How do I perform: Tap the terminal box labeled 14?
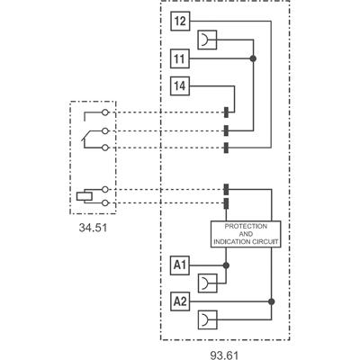pos(179,87)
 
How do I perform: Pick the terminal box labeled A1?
pos(179,265)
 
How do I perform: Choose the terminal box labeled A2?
pos(179,300)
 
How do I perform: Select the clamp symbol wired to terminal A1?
pos(209,281)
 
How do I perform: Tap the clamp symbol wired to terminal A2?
pos(209,317)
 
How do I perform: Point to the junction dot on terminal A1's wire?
pos(225,266)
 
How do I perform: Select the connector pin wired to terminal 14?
pos(225,112)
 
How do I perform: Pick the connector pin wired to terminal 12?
pos(225,147)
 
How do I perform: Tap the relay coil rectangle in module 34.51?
pos(85,195)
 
